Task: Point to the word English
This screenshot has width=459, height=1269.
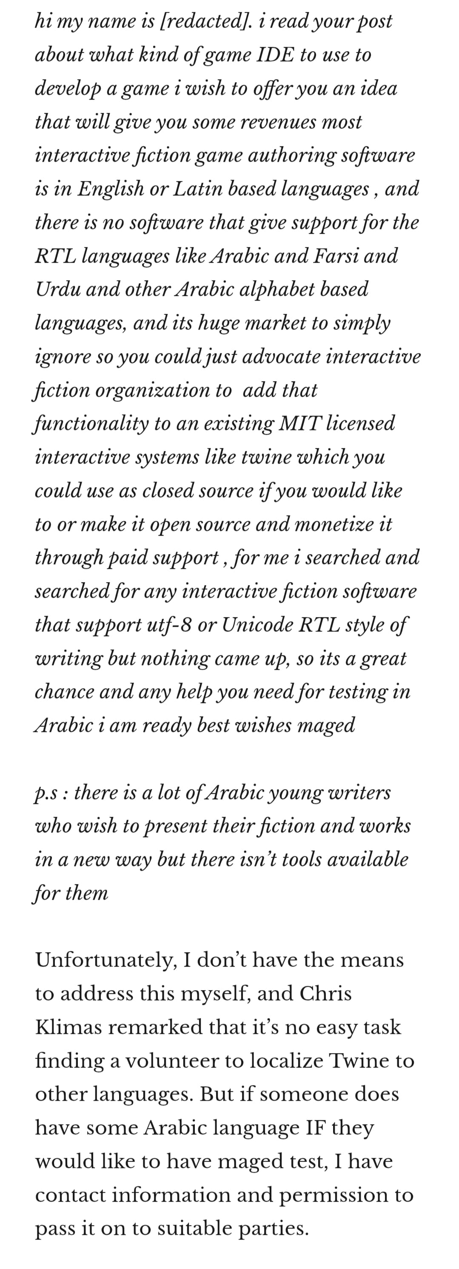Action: pyautogui.click(x=111, y=189)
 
